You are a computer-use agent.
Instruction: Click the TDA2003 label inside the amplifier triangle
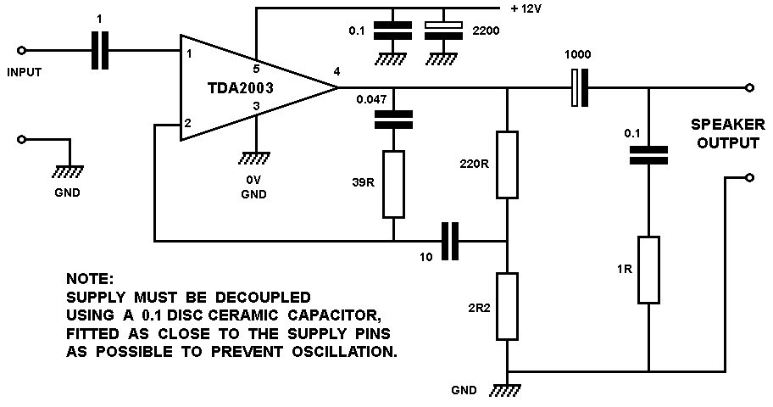(245, 87)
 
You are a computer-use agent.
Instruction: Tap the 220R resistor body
(507, 164)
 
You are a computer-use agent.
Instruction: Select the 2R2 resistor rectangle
(507, 304)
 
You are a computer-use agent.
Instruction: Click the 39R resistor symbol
(393, 184)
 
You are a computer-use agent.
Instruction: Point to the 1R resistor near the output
(648, 270)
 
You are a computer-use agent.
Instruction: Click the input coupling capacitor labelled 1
(101, 50)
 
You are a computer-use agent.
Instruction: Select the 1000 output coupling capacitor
(580, 88)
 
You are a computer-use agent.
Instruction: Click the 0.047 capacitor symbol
(393, 120)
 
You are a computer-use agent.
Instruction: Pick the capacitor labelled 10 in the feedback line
(450, 241)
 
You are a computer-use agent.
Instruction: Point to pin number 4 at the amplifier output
(337, 71)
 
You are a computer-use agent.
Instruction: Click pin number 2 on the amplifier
(188, 124)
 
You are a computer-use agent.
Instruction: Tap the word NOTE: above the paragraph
(88, 279)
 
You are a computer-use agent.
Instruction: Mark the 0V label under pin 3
(254, 180)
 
